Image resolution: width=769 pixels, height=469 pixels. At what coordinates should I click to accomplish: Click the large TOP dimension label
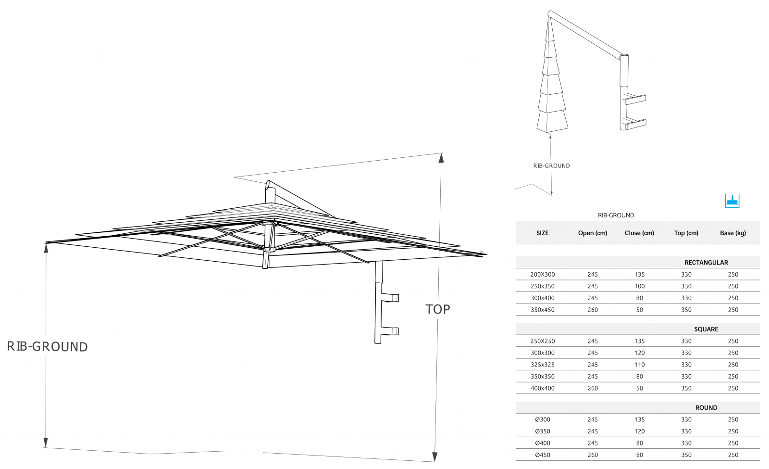pos(438,309)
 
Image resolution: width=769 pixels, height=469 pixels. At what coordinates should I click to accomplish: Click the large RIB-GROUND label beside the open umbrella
pos(48,347)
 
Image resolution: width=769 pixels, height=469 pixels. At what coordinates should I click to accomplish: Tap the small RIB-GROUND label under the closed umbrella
pos(551,165)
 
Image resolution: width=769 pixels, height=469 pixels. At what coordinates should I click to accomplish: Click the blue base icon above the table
pos(732,201)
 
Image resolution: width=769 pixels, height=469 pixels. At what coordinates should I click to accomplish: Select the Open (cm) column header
pos(593,233)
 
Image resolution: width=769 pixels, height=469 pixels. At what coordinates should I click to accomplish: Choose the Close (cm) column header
pos(639,233)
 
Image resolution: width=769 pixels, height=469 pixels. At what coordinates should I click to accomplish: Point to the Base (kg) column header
pos(733,233)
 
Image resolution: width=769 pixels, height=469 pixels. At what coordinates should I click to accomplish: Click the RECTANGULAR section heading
pos(706,263)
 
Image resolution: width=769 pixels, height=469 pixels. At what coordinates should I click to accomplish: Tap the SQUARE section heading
pos(706,329)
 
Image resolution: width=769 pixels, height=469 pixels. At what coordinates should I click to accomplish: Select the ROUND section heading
pos(706,408)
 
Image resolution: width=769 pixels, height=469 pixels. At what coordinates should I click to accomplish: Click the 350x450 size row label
pos(543,310)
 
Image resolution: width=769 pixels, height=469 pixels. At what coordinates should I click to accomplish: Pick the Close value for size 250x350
pos(639,286)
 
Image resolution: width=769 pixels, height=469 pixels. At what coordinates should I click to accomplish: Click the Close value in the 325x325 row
pos(639,365)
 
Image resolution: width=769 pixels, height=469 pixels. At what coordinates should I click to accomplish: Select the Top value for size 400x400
pos(686,388)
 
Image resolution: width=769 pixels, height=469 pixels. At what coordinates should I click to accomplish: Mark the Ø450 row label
pos(543,455)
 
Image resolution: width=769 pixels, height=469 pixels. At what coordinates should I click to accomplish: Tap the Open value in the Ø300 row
pos(593,419)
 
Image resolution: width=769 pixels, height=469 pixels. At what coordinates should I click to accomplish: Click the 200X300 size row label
pos(543,275)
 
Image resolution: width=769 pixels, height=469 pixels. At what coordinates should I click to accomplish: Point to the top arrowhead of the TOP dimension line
pos(441,158)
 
